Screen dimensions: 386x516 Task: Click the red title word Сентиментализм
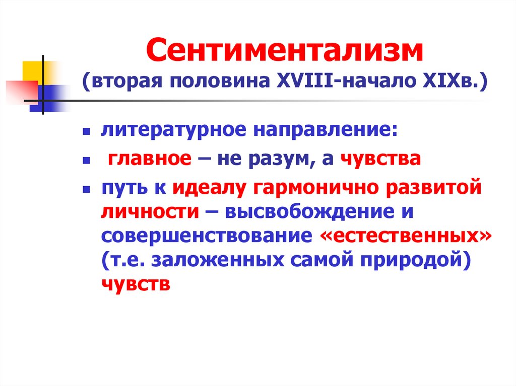coord(284,51)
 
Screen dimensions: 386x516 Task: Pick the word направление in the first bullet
coord(323,131)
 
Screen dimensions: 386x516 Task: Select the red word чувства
coord(381,160)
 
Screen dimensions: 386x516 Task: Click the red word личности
coord(150,212)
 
